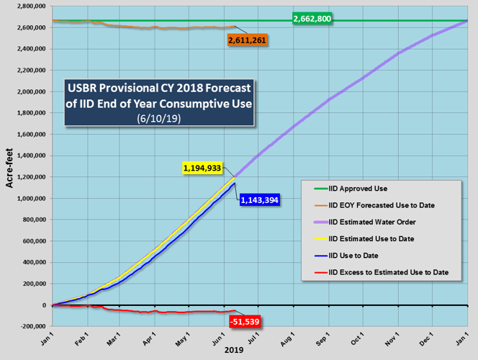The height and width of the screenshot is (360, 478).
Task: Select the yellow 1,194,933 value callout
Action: point(201,168)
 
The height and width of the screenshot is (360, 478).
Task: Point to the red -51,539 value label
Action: point(245,321)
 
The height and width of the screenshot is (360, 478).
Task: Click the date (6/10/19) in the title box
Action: point(161,118)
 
